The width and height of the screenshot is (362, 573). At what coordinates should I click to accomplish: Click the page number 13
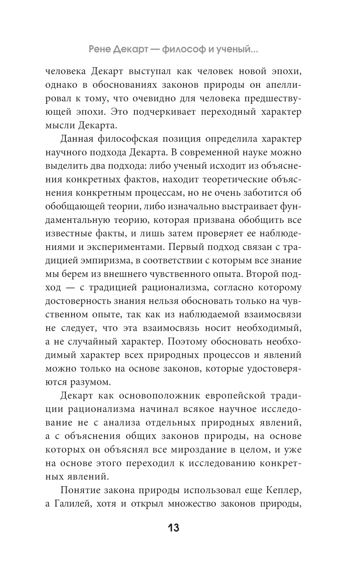173,528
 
